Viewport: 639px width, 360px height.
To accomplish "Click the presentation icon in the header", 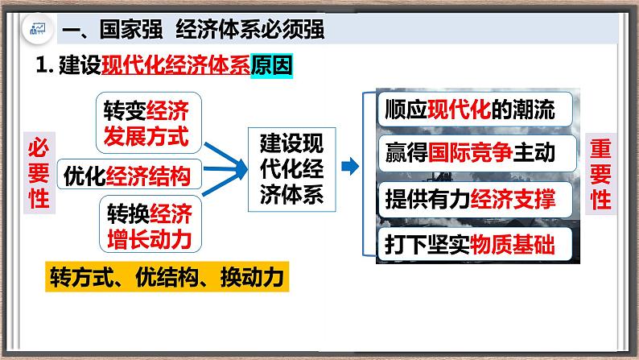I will (x=37, y=31).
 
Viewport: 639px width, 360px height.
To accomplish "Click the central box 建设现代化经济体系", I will (x=293, y=168).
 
